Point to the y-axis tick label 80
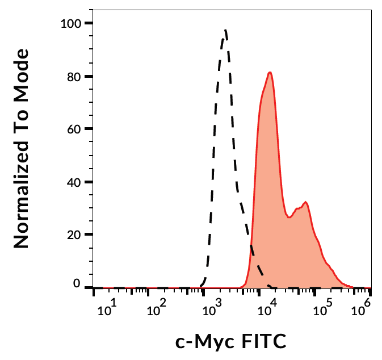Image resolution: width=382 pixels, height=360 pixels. (73, 77)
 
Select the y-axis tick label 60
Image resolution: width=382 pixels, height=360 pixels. (73, 129)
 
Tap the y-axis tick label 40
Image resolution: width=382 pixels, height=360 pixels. (73, 182)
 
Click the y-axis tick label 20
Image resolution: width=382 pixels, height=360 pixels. (73, 235)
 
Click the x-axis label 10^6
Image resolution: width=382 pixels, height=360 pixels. (362, 311)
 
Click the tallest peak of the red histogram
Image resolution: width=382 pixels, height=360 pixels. (271, 72)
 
